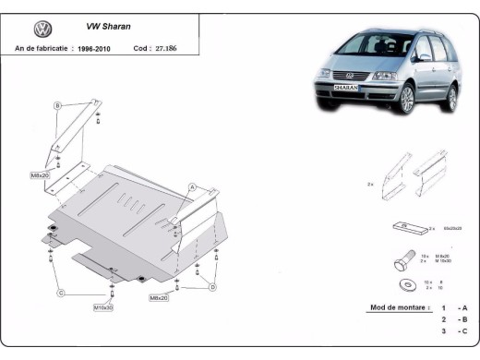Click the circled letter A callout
(x=192, y=186)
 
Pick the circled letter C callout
(x=60, y=293)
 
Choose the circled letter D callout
(x=211, y=288)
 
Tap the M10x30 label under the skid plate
(x=103, y=306)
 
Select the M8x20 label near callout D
(x=159, y=297)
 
